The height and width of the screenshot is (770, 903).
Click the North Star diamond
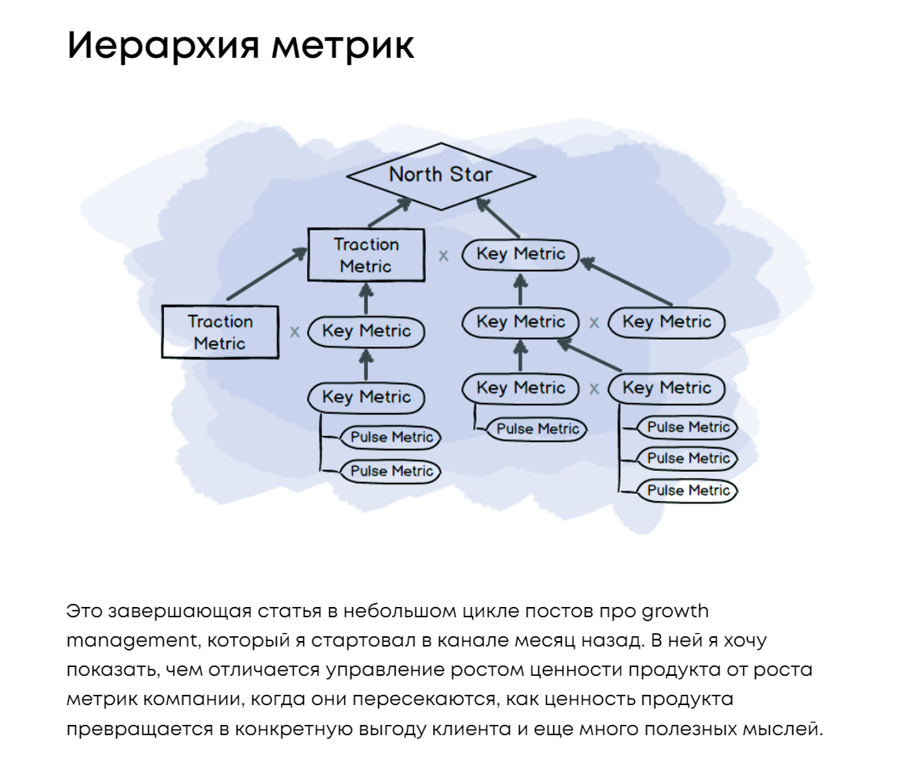[x=441, y=176]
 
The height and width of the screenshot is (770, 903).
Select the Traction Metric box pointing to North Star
[x=366, y=255]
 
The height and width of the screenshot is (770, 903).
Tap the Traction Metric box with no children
[x=220, y=332]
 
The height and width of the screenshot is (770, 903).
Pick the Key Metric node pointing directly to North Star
[x=521, y=255]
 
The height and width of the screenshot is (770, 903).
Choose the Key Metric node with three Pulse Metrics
[x=666, y=389]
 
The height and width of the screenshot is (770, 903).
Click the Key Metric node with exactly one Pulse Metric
[x=521, y=389]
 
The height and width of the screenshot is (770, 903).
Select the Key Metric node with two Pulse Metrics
[x=366, y=397]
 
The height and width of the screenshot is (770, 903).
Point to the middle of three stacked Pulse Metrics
[x=688, y=458]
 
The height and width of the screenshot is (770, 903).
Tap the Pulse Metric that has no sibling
[x=537, y=429]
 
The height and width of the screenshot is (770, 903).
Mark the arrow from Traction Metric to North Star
[x=390, y=213]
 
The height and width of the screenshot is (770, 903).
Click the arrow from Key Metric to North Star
[x=499, y=217]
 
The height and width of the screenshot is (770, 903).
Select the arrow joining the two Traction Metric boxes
[x=267, y=274]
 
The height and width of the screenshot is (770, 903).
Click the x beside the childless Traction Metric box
[x=294, y=332]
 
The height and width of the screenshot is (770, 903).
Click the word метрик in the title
[x=343, y=47]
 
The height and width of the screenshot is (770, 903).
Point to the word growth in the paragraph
[x=675, y=612]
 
